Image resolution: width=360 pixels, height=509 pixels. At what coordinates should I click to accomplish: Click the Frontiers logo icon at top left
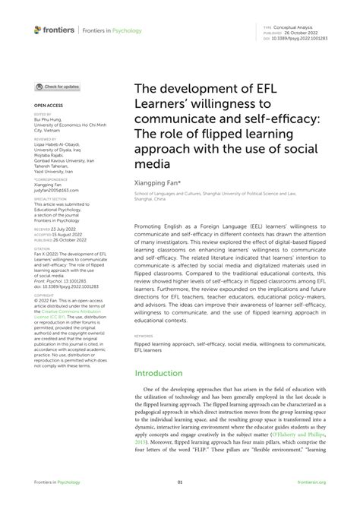pyautogui.click(x=38, y=30)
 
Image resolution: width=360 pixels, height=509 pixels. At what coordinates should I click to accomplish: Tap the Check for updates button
pyautogui.click(x=58, y=87)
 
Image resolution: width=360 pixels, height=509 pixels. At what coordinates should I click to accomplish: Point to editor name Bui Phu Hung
pyautogui.click(x=49, y=119)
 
